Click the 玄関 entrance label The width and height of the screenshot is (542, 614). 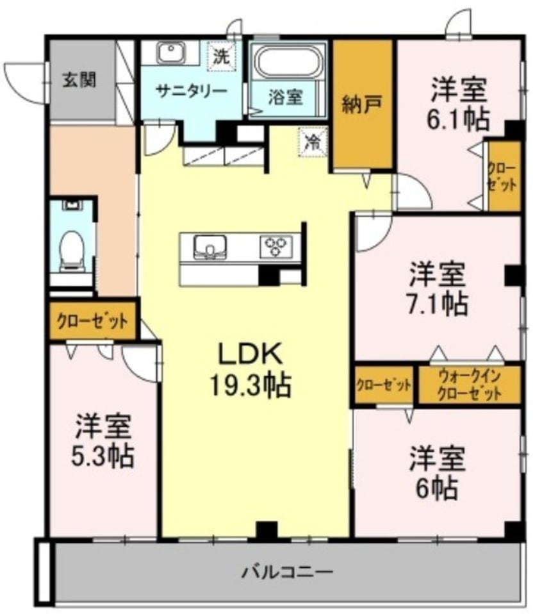tap(79, 80)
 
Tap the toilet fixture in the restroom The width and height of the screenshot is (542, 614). tap(71, 251)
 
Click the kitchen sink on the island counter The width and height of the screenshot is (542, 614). tap(210, 246)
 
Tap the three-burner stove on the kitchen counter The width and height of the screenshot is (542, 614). tap(277, 246)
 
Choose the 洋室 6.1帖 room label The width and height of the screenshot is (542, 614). tap(459, 103)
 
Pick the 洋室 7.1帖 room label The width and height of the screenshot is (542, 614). tap(438, 288)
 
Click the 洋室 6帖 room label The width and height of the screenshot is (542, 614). tap(438, 472)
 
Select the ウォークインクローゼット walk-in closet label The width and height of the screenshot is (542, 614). tap(470, 385)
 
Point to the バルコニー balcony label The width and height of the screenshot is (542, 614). tap(287, 570)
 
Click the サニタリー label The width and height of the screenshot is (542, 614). tap(192, 90)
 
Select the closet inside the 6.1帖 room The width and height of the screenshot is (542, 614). tap(504, 175)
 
